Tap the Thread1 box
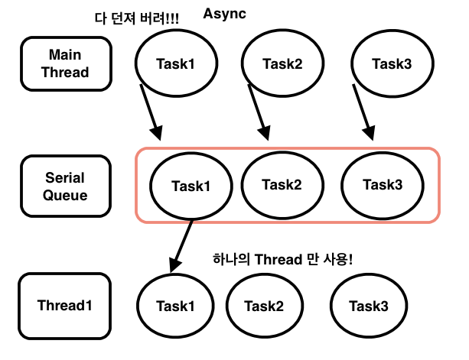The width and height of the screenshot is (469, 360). click(x=65, y=306)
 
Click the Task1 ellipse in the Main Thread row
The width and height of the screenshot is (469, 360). click(x=175, y=63)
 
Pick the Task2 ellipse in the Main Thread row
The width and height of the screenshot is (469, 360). click(x=282, y=63)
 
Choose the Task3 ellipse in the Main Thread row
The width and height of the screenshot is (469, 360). click(x=392, y=63)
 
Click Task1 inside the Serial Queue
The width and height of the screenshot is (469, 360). click(x=190, y=186)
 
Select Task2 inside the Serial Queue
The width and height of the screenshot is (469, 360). click(x=282, y=184)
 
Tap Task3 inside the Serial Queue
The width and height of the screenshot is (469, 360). click(x=383, y=184)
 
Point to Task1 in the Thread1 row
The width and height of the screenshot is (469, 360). click(x=177, y=306)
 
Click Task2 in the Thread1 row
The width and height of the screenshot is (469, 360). click(x=264, y=306)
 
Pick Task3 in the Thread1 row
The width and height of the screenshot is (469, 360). click(x=369, y=306)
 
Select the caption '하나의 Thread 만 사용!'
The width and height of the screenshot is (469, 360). click(x=283, y=259)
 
